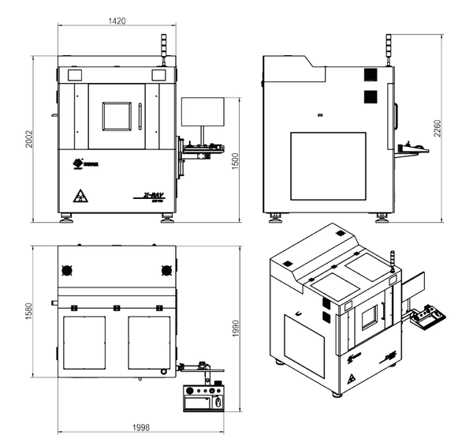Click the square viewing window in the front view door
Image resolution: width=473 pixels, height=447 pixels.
click(117, 115)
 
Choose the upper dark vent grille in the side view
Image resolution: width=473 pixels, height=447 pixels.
click(367, 75)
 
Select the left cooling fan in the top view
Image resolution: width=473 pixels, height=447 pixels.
click(67, 269)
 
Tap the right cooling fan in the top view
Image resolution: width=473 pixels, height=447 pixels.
click(166, 269)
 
